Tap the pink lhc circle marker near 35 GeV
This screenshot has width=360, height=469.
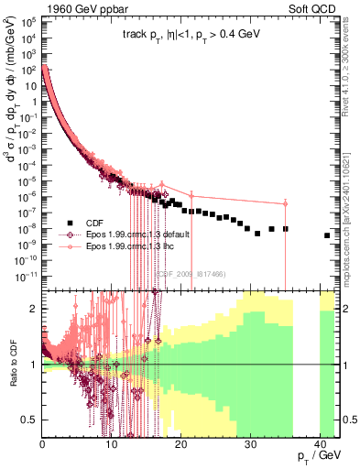[286, 203]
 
